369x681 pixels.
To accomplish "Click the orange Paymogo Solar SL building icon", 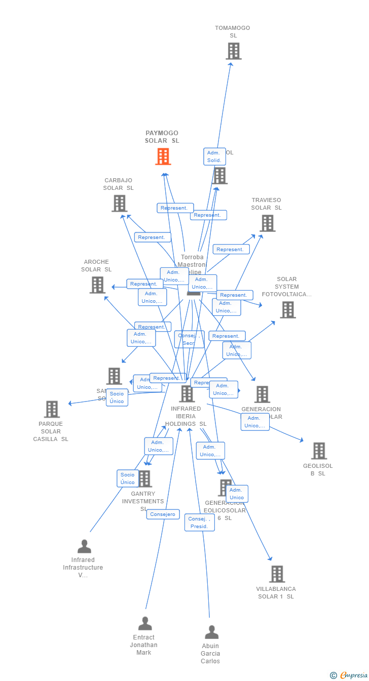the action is pos(163,156).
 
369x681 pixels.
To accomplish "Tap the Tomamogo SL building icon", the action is pos(233,51).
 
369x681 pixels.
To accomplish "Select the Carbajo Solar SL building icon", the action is pos(119,203).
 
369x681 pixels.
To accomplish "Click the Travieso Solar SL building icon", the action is pos(267,223).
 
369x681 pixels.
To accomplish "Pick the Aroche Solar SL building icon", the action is pos(97,285).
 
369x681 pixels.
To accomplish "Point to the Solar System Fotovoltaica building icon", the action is pos(287,309).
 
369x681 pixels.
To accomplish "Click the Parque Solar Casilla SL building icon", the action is pos(52,409).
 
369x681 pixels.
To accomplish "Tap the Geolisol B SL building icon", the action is pos(319,451).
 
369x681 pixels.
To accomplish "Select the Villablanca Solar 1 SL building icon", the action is pos(277,574).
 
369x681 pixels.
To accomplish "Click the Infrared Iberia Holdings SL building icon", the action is pos(187,393).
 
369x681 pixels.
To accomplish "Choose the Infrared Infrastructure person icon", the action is pos(84,546).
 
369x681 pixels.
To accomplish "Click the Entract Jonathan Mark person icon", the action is pos(145,623).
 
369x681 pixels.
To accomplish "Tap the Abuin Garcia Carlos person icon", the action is pos(211,632).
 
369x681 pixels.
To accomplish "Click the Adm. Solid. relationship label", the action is pos(214,156).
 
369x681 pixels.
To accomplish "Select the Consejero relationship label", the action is pos(163,514).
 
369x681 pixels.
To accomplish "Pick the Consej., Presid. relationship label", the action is pos(199,523).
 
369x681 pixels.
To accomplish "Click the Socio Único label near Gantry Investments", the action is pos(128,478).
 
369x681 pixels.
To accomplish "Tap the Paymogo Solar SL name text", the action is pos(162,137).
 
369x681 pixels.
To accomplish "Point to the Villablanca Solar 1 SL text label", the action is pos(276,592).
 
